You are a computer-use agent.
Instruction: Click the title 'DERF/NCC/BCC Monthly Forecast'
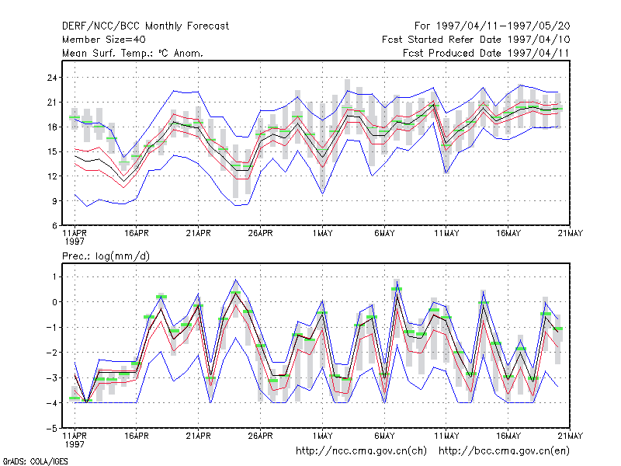tap(145, 26)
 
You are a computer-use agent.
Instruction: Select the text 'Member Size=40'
tap(104, 40)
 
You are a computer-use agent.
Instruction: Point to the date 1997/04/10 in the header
tap(539, 40)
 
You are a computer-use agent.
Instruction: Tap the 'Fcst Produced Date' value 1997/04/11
tap(539, 53)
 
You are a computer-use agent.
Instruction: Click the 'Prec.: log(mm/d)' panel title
tap(106, 256)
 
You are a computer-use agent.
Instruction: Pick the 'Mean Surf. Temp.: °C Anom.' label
tap(133, 53)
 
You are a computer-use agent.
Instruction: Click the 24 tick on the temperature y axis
tap(52, 78)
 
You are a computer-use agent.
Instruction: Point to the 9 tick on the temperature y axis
tap(54, 201)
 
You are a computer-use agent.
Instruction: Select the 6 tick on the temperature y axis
tap(54, 226)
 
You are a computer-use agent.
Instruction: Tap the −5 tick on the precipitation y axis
tap(52, 429)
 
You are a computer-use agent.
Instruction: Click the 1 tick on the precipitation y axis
tap(54, 276)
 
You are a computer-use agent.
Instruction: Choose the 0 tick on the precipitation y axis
tap(54, 302)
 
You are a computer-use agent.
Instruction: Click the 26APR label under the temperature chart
tap(260, 234)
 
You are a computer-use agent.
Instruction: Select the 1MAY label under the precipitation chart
tap(322, 436)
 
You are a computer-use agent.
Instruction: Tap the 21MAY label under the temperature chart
tap(571, 234)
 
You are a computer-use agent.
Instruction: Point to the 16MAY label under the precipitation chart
tap(508, 436)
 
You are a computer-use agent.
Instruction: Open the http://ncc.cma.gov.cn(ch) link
tap(361, 451)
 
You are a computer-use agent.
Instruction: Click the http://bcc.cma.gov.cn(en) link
tap(504, 451)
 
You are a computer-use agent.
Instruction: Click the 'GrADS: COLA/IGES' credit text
tap(35, 461)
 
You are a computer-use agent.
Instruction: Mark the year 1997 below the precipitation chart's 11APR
tap(75, 444)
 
